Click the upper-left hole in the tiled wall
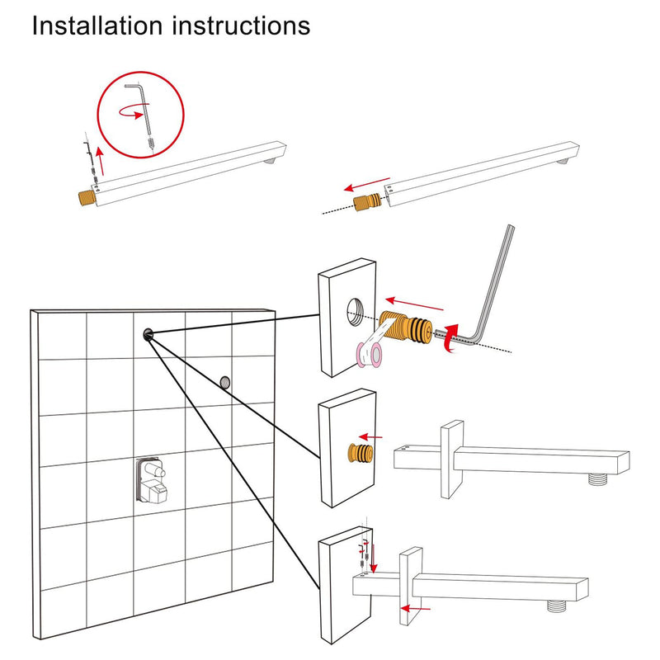point(148,333)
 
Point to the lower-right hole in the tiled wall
point(224,381)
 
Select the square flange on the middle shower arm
point(451,459)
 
